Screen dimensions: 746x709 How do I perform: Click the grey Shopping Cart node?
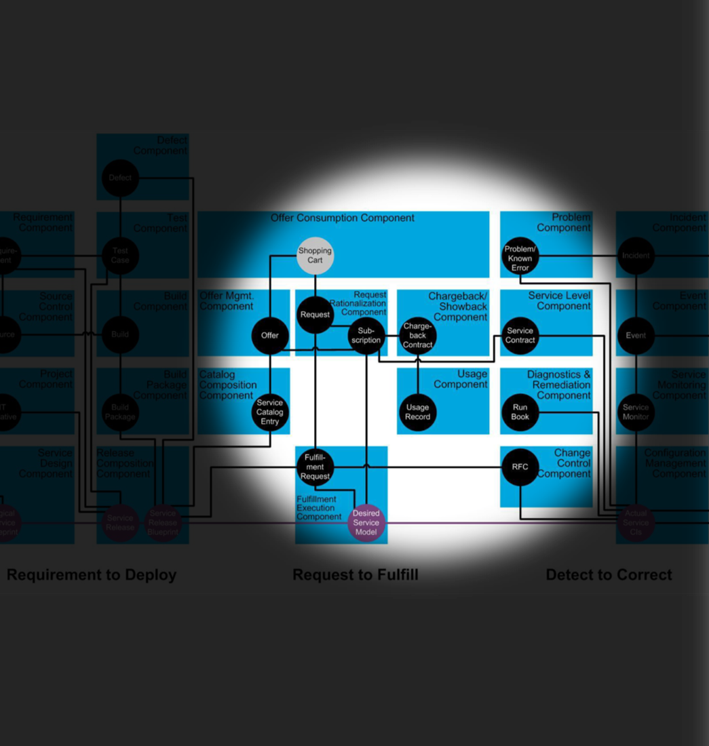(315, 256)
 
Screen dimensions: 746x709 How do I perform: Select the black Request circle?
(315, 315)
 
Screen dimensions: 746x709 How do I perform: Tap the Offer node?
(270, 335)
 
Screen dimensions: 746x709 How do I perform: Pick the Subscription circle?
(366, 336)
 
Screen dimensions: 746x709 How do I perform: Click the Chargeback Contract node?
(418, 336)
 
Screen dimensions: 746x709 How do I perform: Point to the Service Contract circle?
(520, 336)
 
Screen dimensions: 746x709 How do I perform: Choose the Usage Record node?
(418, 412)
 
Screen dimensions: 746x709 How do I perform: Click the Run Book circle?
(520, 412)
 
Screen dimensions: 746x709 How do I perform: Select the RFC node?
(520, 467)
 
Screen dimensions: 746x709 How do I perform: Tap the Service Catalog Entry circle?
(270, 412)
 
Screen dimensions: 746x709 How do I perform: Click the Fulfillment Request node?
(315, 467)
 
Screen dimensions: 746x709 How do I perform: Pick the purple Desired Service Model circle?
(366, 523)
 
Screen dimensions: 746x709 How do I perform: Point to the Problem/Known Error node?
(520, 258)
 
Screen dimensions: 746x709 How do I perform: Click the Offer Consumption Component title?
(343, 218)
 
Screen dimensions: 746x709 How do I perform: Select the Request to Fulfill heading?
(356, 575)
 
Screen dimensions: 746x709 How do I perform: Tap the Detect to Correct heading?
(609, 575)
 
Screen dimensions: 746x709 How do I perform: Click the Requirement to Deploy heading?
(92, 575)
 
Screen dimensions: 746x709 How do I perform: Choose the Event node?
(636, 336)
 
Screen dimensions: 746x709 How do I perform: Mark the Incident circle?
(636, 256)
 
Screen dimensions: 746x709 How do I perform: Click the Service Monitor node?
(636, 412)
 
